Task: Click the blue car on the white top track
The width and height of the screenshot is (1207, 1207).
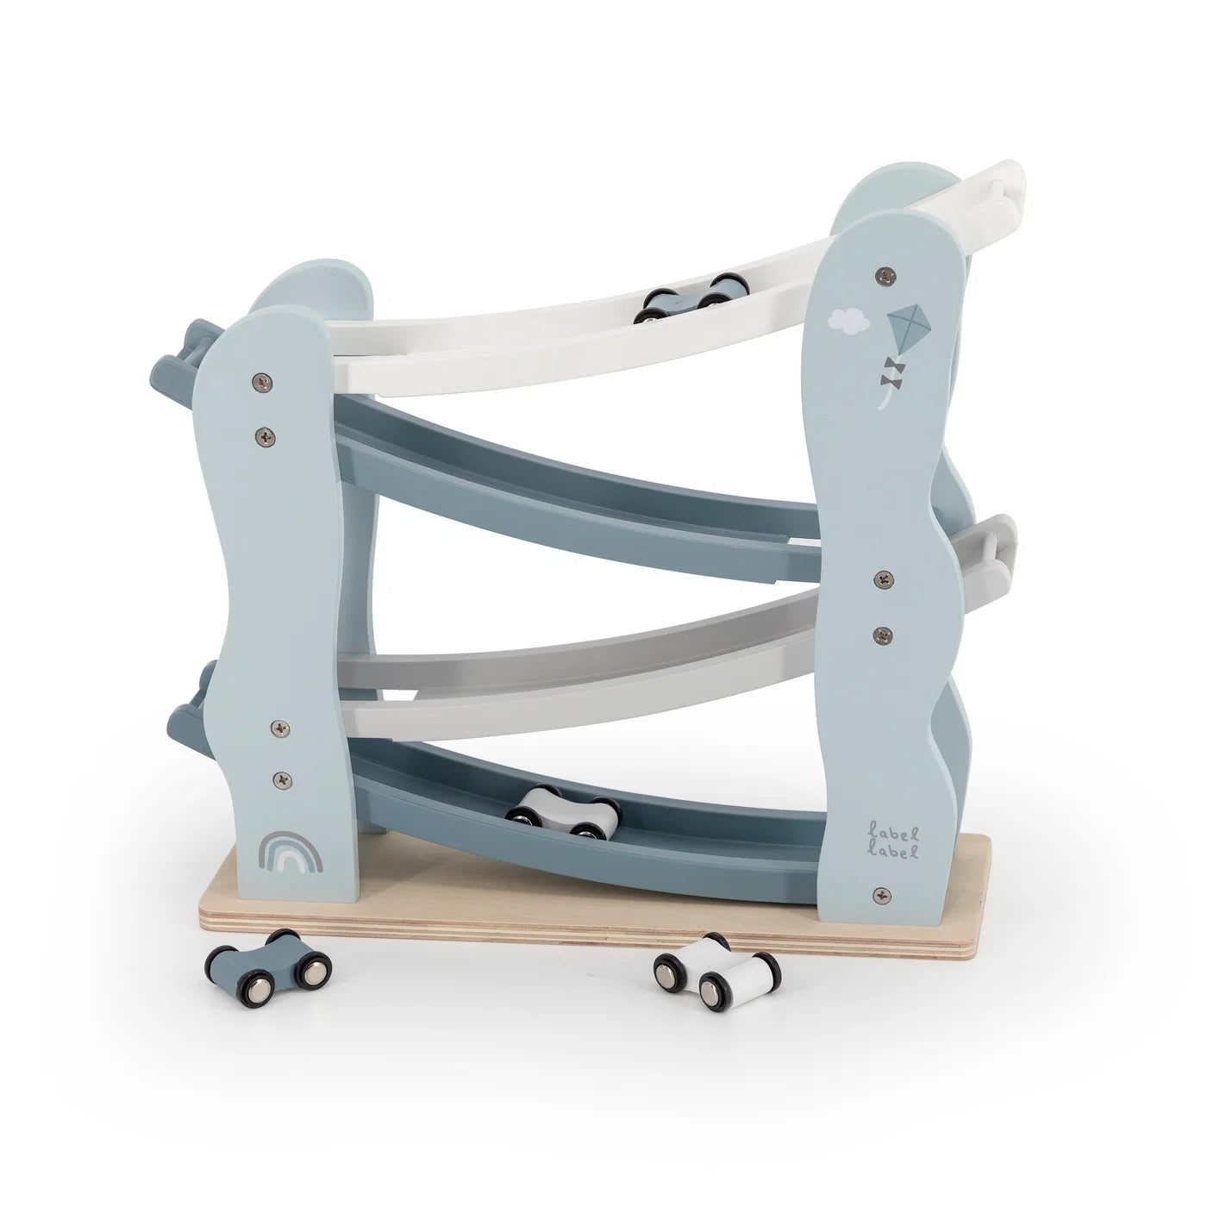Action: tap(691, 298)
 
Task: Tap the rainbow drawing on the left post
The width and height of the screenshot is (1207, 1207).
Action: tap(291, 852)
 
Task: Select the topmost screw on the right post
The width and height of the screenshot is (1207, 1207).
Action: tap(885, 272)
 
